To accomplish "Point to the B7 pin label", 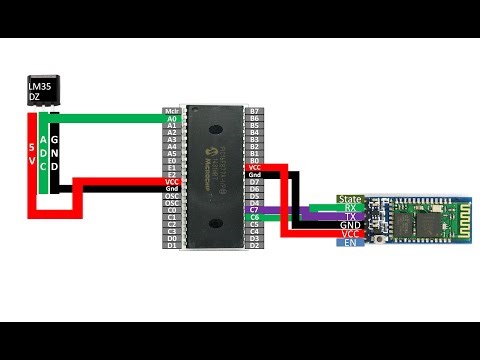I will [x=255, y=110].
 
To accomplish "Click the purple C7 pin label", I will [x=255, y=208].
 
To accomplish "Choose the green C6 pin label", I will [x=255, y=217].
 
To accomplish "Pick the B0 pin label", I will [x=255, y=160].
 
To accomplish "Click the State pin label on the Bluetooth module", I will [x=350, y=199].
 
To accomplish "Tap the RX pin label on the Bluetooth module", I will [x=350, y=208].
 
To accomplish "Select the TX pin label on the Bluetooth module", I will [x=350, y=217].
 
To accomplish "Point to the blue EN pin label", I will [x=350, y=243].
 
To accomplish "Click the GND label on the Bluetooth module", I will [x=350, y=226].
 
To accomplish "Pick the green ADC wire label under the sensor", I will [x=42, y=150].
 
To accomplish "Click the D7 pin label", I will [x=255, y=182].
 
